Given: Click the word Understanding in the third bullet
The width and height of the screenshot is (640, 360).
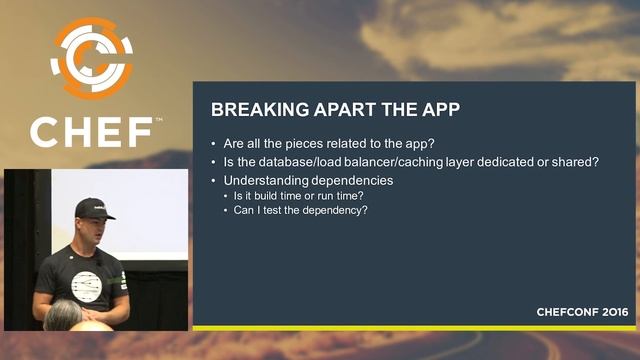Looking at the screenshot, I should [273, 180].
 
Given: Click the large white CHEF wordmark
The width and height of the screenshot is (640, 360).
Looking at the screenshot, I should [91, 132].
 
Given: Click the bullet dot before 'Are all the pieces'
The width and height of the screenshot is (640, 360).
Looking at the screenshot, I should [215, 143].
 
